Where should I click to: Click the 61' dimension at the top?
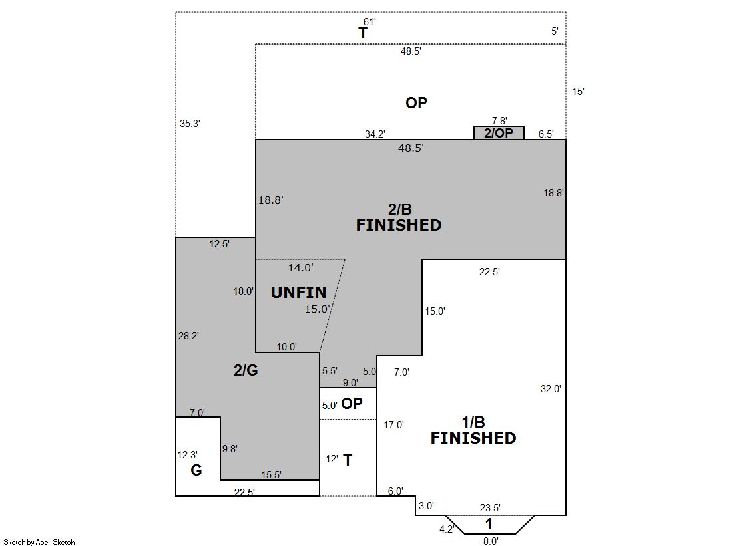(x=370, y=22)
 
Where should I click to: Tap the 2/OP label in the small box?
(x=499, y=133)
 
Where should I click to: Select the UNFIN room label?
(x=298, y=292)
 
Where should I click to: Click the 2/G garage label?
(x=246, y=370)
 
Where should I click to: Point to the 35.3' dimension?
(x=190, y=124)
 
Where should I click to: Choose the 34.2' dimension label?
(x=375, y=134)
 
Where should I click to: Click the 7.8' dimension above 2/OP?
(x=499, y=121)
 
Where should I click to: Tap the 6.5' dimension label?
(x=546, y=134)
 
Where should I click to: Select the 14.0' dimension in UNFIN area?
(x=301, y=268)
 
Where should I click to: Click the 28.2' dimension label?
(x=188, y=336)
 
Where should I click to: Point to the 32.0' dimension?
(x=551, y=389)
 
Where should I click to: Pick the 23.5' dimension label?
(x=490, y=508)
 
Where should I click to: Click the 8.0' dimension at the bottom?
(x=491, y=541)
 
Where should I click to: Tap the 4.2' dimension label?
(x=447, y=529)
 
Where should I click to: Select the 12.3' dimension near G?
(x=187, y=455)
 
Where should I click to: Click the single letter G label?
(x=196, y=470)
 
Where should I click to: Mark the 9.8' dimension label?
(x=230, y=449)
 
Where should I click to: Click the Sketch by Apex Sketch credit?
(x=39, y=542)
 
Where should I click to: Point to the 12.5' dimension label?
(x=220, y=244)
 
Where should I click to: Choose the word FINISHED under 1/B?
(x=473, y=438)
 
